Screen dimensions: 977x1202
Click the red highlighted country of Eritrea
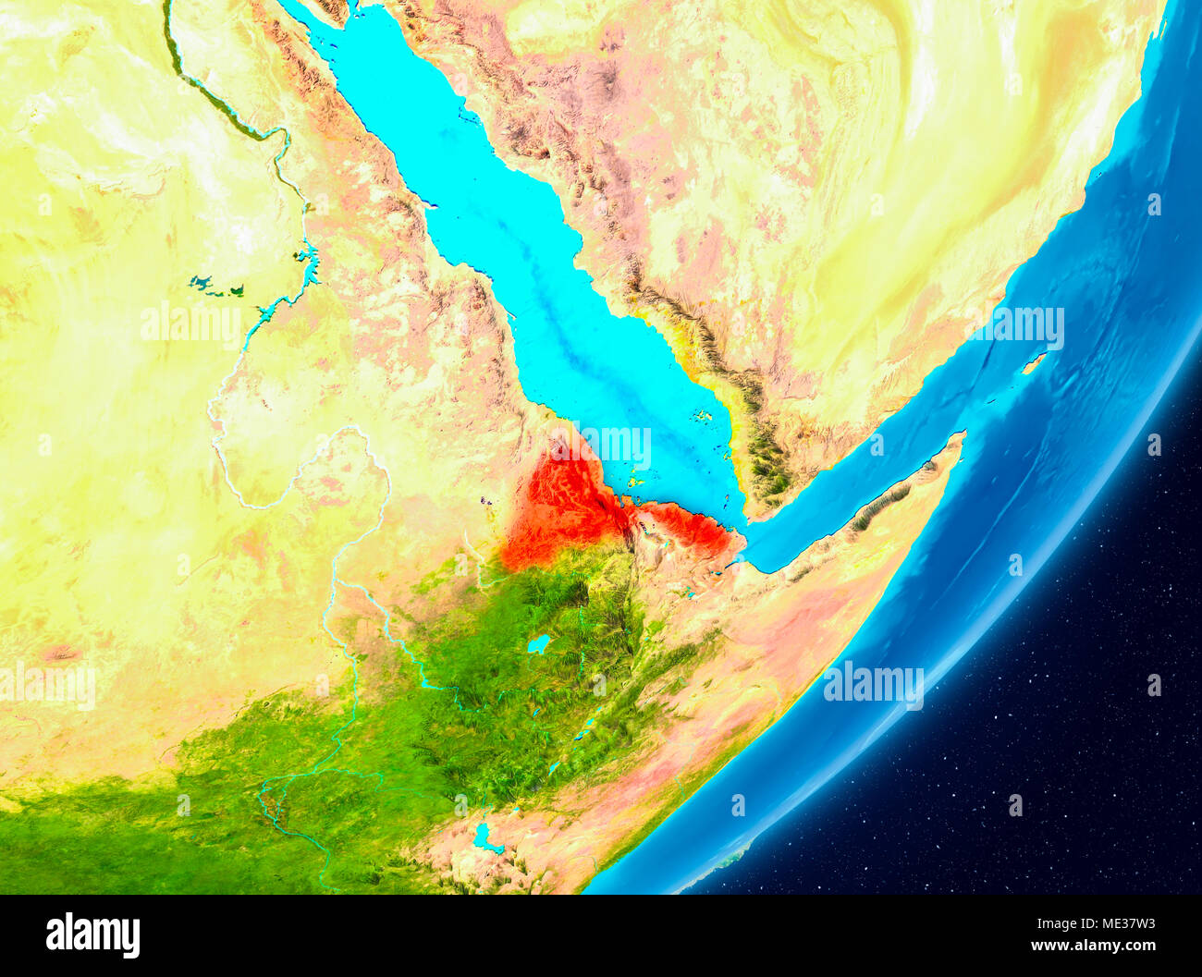click(564, 504)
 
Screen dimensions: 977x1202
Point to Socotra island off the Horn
click(1034, 363)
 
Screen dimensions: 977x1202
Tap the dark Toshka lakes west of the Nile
click(216, 287)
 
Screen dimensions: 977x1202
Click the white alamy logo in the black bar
click(92, 935)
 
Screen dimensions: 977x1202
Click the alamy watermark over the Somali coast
click(873, 685)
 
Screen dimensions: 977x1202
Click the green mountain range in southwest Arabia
click(767, 462)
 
